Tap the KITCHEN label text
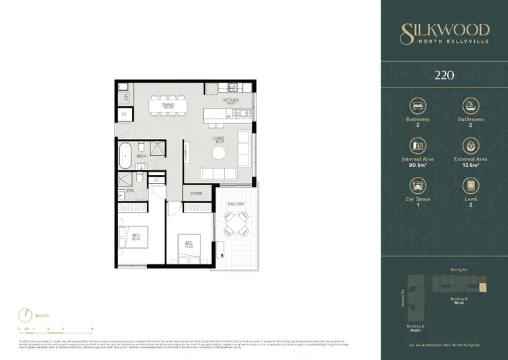tap(232, 100)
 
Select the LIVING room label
tap(219, 139)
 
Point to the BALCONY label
tap(235, 204)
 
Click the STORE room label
tap(196, 194)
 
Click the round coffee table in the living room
tap(219, 153)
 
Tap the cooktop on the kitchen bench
tap(233, 87)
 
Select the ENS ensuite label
tap(129, 191)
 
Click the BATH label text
tap(141, 157)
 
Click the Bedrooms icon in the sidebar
tap(417, 106)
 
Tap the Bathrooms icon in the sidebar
tap(469, 106)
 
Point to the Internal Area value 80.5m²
tap(417, 164)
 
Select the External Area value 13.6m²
tap(469, 164)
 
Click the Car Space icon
tap(417, 185)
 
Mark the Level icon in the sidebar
tap(469, 185)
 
